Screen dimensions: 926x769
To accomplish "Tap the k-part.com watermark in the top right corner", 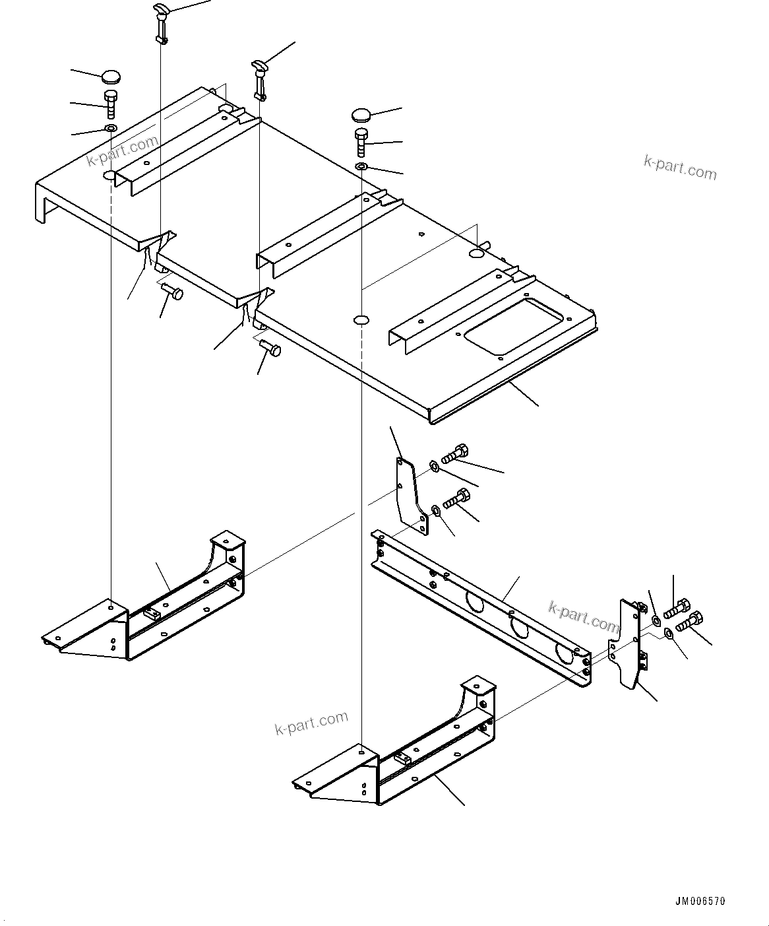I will coord(679,168).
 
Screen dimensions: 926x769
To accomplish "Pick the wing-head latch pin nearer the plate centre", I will coord(259,79).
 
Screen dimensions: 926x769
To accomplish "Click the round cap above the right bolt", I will coord(362,115).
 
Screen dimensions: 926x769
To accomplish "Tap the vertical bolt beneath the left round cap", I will coord(110,103).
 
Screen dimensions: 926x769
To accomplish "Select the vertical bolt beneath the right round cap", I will coord(361,142).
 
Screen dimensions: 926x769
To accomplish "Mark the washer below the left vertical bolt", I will coord(111,127).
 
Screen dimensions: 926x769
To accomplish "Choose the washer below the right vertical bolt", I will coord(361,166).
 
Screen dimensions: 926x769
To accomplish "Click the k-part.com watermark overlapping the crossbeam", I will coord(583,615).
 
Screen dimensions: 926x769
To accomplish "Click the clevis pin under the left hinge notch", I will coord(173,290).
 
